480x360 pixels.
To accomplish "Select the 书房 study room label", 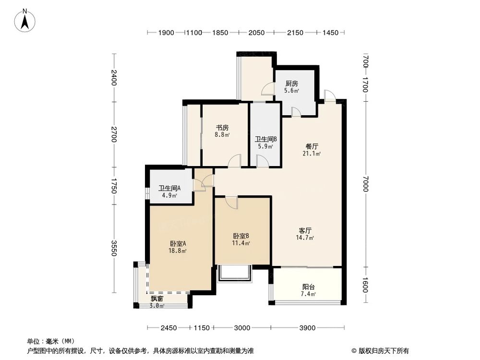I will [222, 128].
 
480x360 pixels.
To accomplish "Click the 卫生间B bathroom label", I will [265, 139].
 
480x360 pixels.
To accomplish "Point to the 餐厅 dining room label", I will [312, 146].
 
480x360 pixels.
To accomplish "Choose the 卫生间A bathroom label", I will [169, 188].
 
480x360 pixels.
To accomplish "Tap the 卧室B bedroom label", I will [241, 236].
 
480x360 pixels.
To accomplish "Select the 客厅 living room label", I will [305, 230].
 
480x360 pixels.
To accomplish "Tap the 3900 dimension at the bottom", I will [307, 328].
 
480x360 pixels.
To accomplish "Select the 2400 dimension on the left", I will [114, 78].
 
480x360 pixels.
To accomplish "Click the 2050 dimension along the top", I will [257, 33].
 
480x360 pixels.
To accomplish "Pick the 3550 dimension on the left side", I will [114, 248].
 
